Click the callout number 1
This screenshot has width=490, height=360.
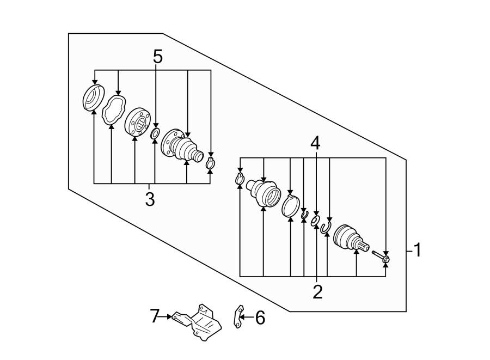pyautogui.click(x=417, y=251)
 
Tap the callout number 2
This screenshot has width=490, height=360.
pyautogui.click(x=317, y=292)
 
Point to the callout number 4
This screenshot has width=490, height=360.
pyautogui.click(x=316, y=144)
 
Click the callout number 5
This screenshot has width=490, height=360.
pyautogui.click(x=157, y=57)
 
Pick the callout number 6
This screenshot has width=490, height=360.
pyautogui.click(x=260, y=318)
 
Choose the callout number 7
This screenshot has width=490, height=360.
pyautogui.click(x=155, y=315)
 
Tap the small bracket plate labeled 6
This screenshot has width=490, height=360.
pyautogui.click(x=237, y=317)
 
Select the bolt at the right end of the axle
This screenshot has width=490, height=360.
pyautogui.click(x=380, y=255)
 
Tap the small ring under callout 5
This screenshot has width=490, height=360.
pyautogui.click(x=155, y=134)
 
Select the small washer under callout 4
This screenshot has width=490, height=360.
pyautogui.click(x=315, y=221)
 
